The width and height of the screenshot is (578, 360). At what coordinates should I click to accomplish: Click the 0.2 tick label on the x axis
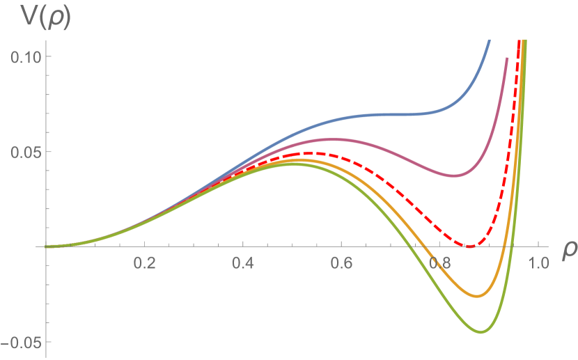[144, 265]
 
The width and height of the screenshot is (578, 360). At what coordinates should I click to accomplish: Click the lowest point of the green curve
[482, 332]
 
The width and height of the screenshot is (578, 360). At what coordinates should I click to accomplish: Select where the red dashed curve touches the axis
[471, 246]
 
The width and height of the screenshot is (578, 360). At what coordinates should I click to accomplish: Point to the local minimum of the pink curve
[454, 175]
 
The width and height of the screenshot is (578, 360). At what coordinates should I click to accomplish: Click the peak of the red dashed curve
[311, 152]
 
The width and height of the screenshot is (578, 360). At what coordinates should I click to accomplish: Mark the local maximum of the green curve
[292, 164]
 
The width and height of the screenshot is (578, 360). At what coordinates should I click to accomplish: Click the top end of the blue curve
[489, 40]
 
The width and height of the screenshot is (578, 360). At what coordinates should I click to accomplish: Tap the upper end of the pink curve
[506, 58]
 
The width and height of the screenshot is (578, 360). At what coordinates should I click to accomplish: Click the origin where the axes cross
[45, 246]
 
